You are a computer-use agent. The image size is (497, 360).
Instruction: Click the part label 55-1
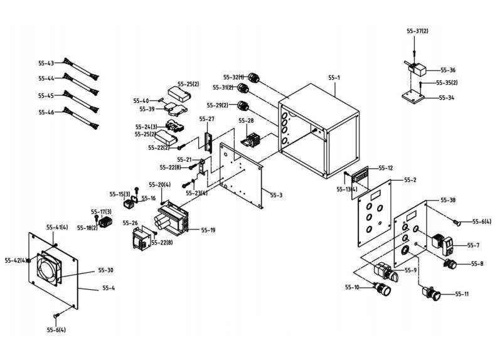point(334,78)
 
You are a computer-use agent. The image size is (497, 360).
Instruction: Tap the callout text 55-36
point(448,70)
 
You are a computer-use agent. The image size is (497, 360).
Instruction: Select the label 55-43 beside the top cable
point(46,63)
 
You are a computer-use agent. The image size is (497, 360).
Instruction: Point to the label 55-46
point(46,112)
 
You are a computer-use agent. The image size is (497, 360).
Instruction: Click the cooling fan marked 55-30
point(51,268)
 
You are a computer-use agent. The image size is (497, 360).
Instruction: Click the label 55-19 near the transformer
point(208,231)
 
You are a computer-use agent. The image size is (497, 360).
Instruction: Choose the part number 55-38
point(448,200)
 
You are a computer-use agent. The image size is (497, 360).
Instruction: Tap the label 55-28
point(246,120)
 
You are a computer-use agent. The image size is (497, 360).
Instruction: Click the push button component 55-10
point(382,290)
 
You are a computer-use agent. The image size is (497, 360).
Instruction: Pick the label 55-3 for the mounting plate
point(276,195)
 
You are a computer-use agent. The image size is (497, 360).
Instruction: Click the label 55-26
point(131,223)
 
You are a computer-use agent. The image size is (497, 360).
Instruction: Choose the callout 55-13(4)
point(346,189)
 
